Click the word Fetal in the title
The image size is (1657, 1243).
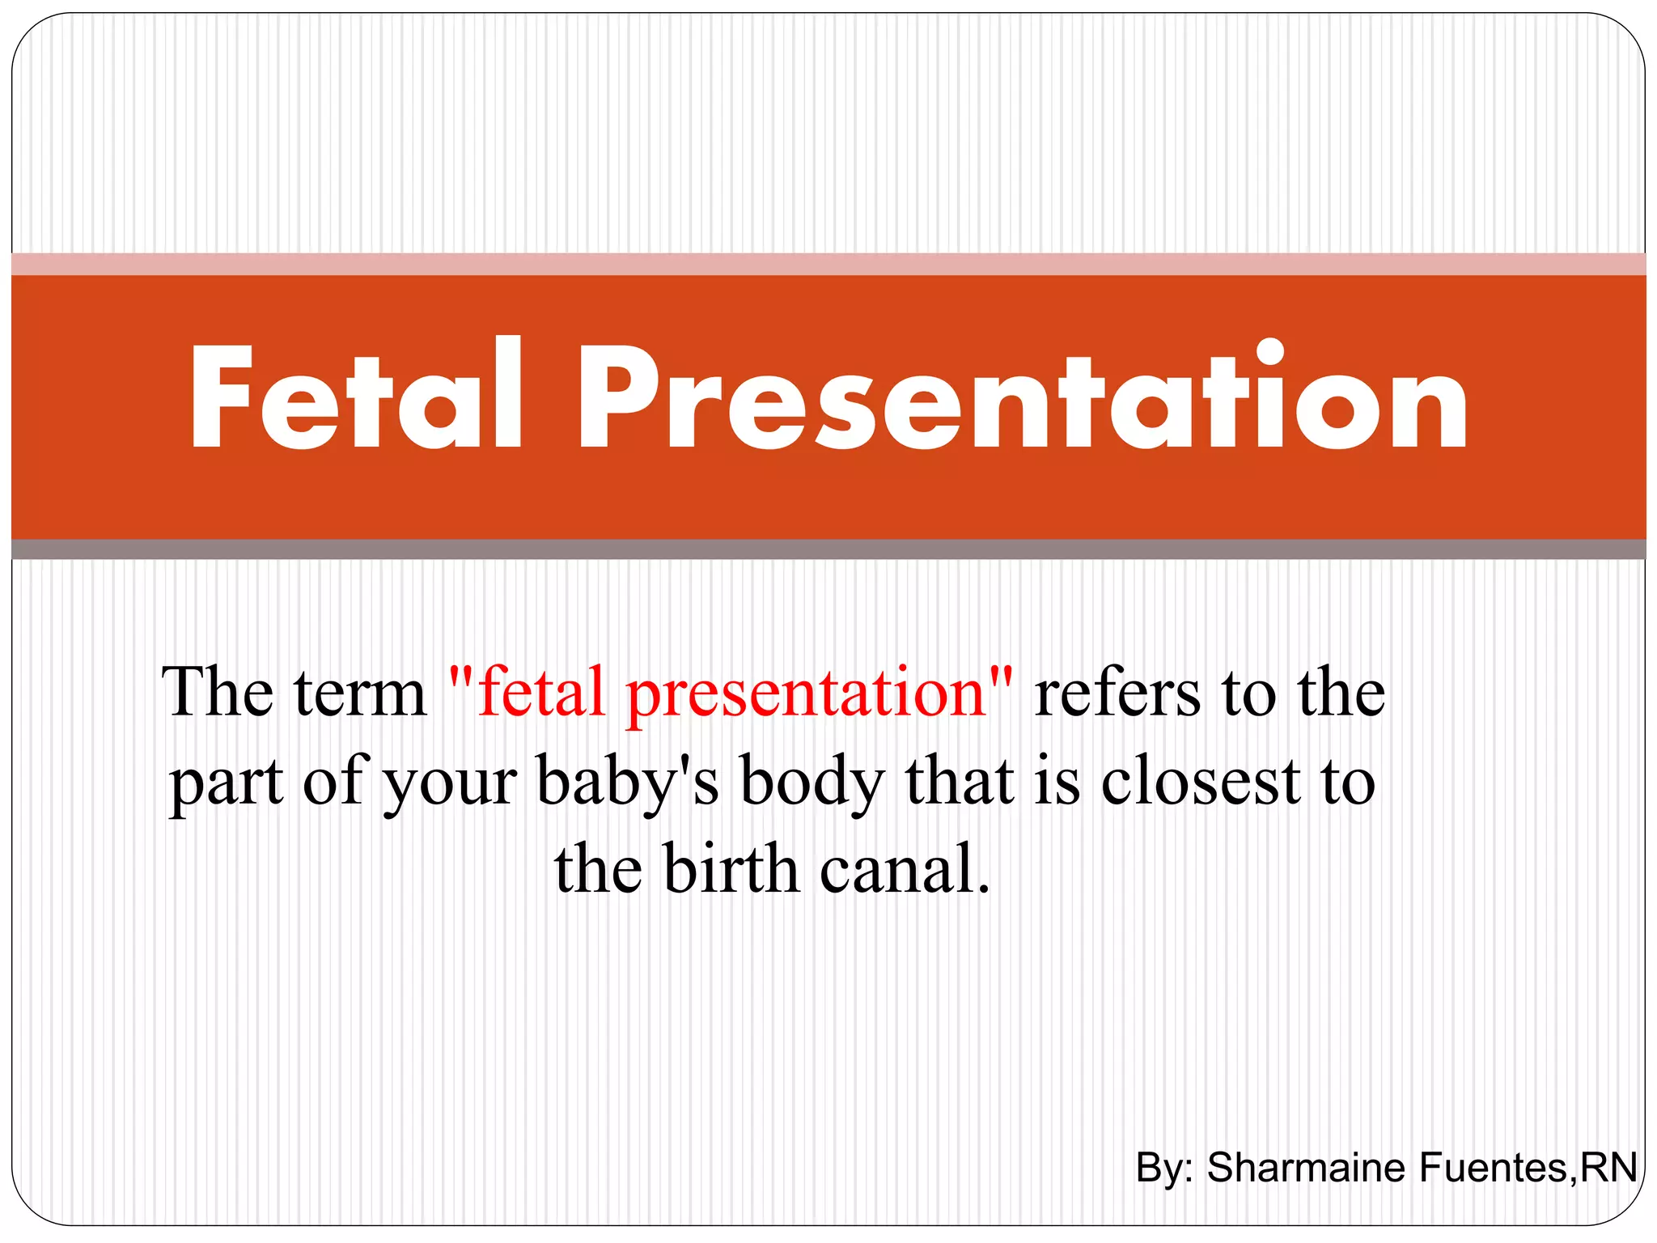(356, 397)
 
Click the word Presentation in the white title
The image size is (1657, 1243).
(1021, 397)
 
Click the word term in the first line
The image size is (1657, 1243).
(359, 694)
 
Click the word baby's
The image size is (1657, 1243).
(627, 782)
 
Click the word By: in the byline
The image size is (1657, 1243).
(1164, 1168)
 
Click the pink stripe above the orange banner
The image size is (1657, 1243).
(828, 265)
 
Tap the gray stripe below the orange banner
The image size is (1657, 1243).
(828, 549)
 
